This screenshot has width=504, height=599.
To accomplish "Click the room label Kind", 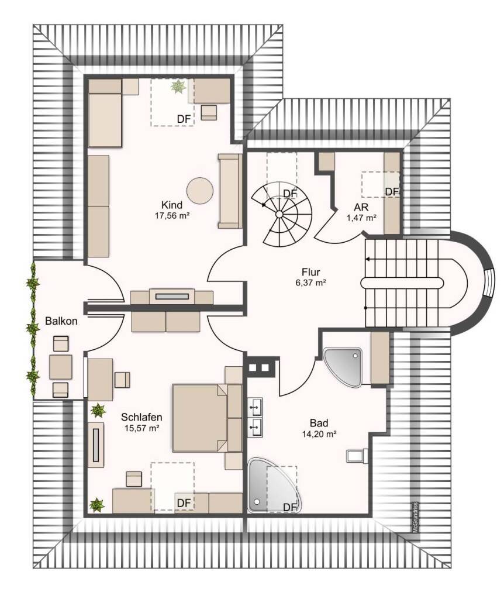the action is click(x=172, y=205).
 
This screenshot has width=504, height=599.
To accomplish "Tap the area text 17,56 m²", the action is click(x=172, y=215).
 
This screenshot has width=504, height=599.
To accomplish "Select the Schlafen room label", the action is click(x=141, y=417).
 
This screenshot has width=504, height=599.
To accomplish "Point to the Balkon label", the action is click(x=61, y=321).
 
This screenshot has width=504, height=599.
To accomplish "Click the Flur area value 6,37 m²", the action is click(x=311, y=283).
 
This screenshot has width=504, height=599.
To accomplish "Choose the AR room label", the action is click(x=361, y=208).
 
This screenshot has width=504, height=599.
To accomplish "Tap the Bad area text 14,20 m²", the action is click(x=319, y=433).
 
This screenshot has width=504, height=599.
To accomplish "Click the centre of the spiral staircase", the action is click(x=279, y=214).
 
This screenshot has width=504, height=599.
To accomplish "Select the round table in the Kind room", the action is click(x=200, y=191).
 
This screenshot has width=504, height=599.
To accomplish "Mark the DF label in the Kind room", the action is click(x=184, y=119).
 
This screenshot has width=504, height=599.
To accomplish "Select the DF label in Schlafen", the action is click(x=184, y=503).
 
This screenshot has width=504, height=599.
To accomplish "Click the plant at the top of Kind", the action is click(x=178, y=87).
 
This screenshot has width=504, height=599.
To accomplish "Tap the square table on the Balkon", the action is click(x=61, y=367).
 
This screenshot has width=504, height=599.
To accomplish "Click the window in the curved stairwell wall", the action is click(x=489, y=283).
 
